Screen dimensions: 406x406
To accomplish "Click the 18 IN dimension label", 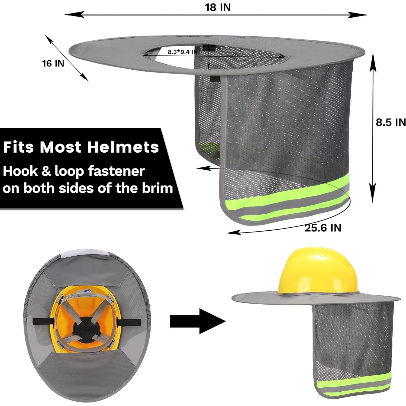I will [218, 7].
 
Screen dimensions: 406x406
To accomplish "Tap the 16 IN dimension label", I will [53, 63].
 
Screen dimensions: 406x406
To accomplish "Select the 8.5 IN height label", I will [391, 122].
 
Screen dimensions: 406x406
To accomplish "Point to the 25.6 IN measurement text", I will [323, 228].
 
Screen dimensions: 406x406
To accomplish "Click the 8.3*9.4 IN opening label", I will [182, 52].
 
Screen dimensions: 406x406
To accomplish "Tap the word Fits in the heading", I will [19, 147].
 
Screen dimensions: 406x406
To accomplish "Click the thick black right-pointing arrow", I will [198, 321].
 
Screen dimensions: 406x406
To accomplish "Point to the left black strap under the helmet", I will [43, 321].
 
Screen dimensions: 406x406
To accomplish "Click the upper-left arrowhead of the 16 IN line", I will [48, 38].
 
